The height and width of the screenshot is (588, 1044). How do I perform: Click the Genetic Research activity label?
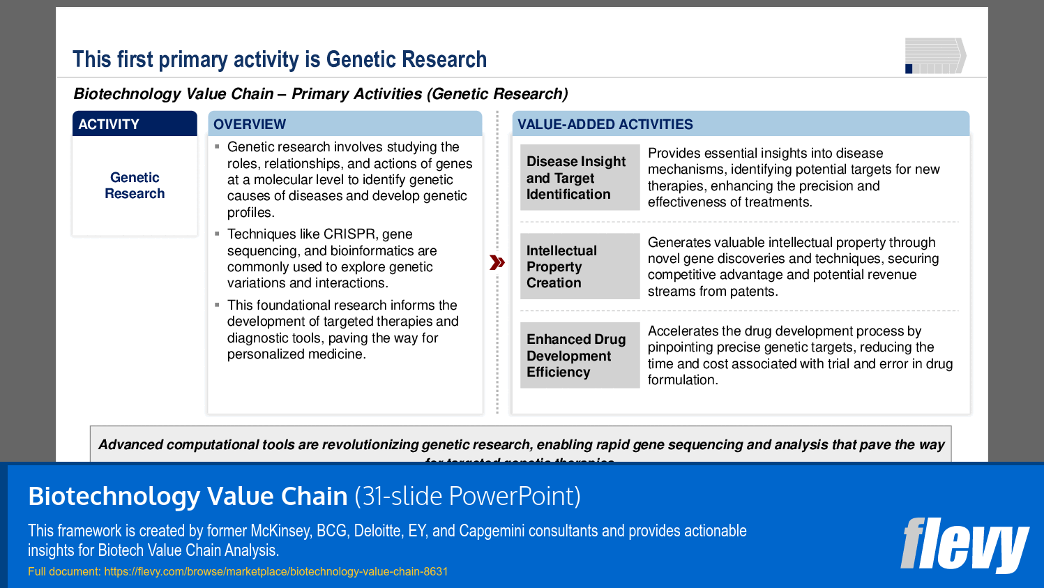click(135, 186)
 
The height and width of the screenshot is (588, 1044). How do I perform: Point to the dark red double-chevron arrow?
click(497, 263)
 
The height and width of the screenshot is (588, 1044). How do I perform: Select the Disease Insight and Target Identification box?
click(580, 178)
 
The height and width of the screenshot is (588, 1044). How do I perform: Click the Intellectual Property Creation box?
click(580, 266)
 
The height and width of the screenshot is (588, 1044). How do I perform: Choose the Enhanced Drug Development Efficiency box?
click(580, 356)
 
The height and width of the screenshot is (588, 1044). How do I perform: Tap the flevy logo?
click(964, 545)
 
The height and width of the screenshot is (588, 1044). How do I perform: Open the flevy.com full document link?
click(275, 572)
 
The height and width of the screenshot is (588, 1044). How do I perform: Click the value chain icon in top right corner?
click(935, 56)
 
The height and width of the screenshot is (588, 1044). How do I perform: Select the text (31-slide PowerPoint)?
click(467, 497)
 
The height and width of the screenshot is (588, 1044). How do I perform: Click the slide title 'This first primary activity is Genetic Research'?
click(280, 60)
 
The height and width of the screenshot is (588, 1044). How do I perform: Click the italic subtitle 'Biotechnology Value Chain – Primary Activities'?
click(321, 94)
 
